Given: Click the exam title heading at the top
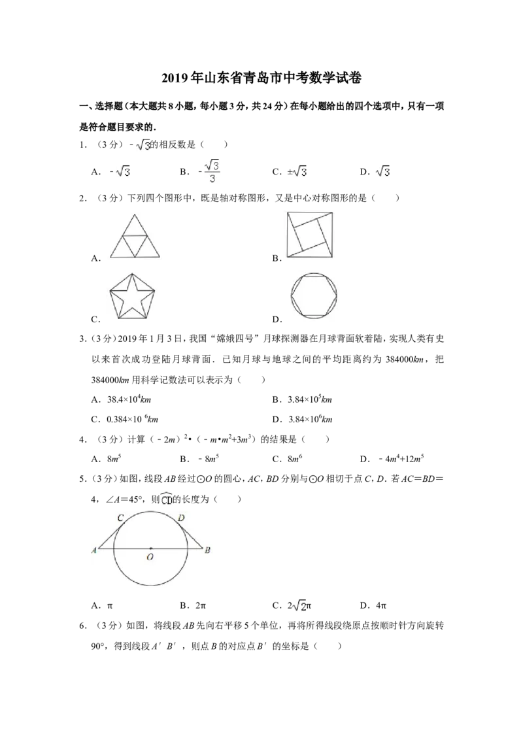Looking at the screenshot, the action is [x=261, y=78].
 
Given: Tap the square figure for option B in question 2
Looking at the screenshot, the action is [x=310, y=235].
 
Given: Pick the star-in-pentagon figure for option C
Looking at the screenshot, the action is [x=132, y=296].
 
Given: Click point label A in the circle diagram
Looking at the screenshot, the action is [x=94, y=550].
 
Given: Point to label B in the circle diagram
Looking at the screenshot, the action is [x=207, y=550].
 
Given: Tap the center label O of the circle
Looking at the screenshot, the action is [x=150, y=558].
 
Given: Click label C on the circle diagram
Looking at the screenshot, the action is [x=120, y=518].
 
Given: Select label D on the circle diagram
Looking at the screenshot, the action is [x=181, y=518].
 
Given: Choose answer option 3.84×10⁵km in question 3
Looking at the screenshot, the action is [x=310, y=399].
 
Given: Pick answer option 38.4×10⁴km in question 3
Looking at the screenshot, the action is [x=129, y=399].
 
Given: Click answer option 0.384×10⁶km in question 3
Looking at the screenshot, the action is [x=132, y=419].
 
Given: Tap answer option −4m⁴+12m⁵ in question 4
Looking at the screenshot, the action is [x=401, y=459].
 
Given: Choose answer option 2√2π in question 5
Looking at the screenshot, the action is [x=299, y=605].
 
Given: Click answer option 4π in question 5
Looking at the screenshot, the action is [x=381, y=605].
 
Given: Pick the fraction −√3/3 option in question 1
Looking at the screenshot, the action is [x=209, y=172].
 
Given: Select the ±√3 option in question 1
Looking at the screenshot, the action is [x=297, y=172].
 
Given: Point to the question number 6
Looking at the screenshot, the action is [x=83, y=626].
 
